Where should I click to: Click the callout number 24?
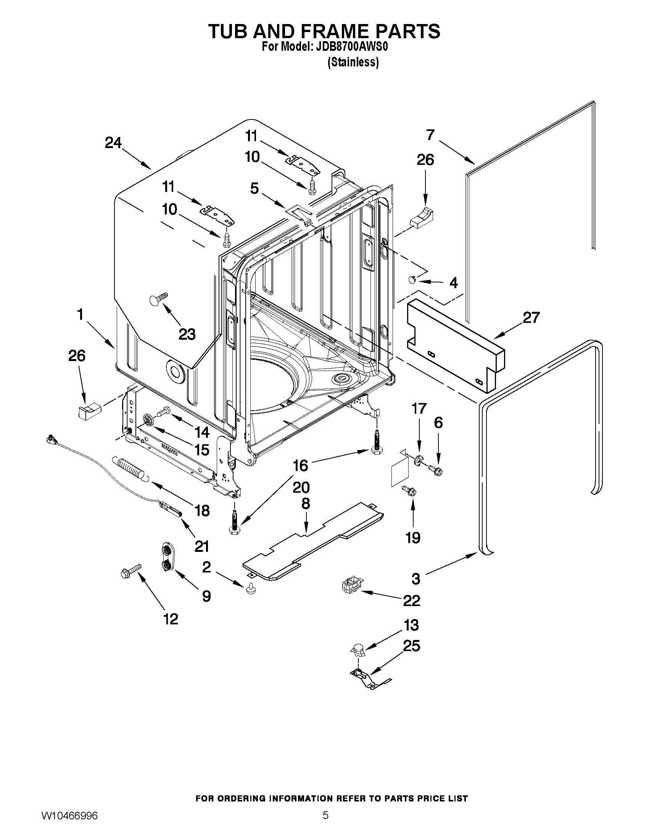(x=113, y=143)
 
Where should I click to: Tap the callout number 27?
(x=531, y=318)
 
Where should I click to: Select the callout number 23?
(x=187, y=334)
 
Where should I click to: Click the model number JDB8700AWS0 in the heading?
(x=351, y=47)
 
